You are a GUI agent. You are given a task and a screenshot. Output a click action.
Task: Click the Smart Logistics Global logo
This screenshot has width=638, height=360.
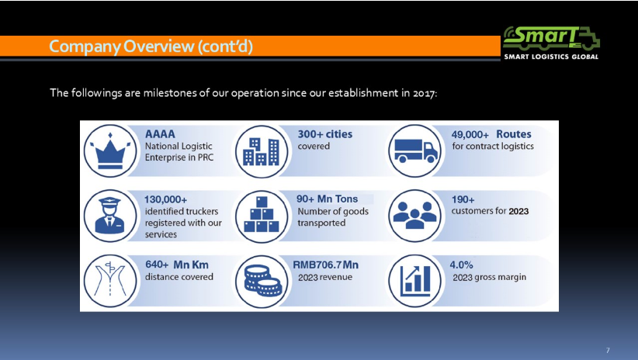pos(551,43)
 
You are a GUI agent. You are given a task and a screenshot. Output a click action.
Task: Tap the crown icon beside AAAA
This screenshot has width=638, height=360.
pos(110,151)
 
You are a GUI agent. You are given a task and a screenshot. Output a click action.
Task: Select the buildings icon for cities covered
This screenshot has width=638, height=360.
pos(262,151)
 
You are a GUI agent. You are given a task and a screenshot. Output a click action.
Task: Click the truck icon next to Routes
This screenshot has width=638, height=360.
pos(415,151)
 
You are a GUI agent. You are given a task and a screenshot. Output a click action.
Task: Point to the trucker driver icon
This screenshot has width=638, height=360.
pos(110,215)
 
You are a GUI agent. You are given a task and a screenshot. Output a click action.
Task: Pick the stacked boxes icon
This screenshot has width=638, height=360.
pos(262,215)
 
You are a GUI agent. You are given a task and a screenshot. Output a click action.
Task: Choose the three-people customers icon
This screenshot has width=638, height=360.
pos(415,215)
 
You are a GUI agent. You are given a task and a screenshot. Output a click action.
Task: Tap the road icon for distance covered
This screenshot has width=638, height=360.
pos(110,280)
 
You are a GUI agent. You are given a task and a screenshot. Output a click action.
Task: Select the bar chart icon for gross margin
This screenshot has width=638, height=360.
pos(415,281)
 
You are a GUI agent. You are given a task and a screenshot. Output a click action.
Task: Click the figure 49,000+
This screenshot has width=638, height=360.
pos(470,135)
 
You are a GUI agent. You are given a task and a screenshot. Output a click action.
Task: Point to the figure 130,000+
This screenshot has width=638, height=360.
pos(165,199)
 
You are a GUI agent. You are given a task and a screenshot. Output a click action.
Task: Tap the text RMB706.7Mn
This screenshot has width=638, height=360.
pos(325,265)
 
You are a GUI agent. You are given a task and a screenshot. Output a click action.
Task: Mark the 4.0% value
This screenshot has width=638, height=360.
pos(461,265)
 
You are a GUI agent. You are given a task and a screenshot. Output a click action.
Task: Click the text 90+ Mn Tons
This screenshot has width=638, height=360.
pos(327,199)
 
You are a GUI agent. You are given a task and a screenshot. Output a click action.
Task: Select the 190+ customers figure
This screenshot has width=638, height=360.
pos(463,199)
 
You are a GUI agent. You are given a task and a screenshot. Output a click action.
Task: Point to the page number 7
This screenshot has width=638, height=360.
pos(608,350)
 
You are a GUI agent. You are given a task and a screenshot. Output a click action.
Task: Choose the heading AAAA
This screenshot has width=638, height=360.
pos(160,133)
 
